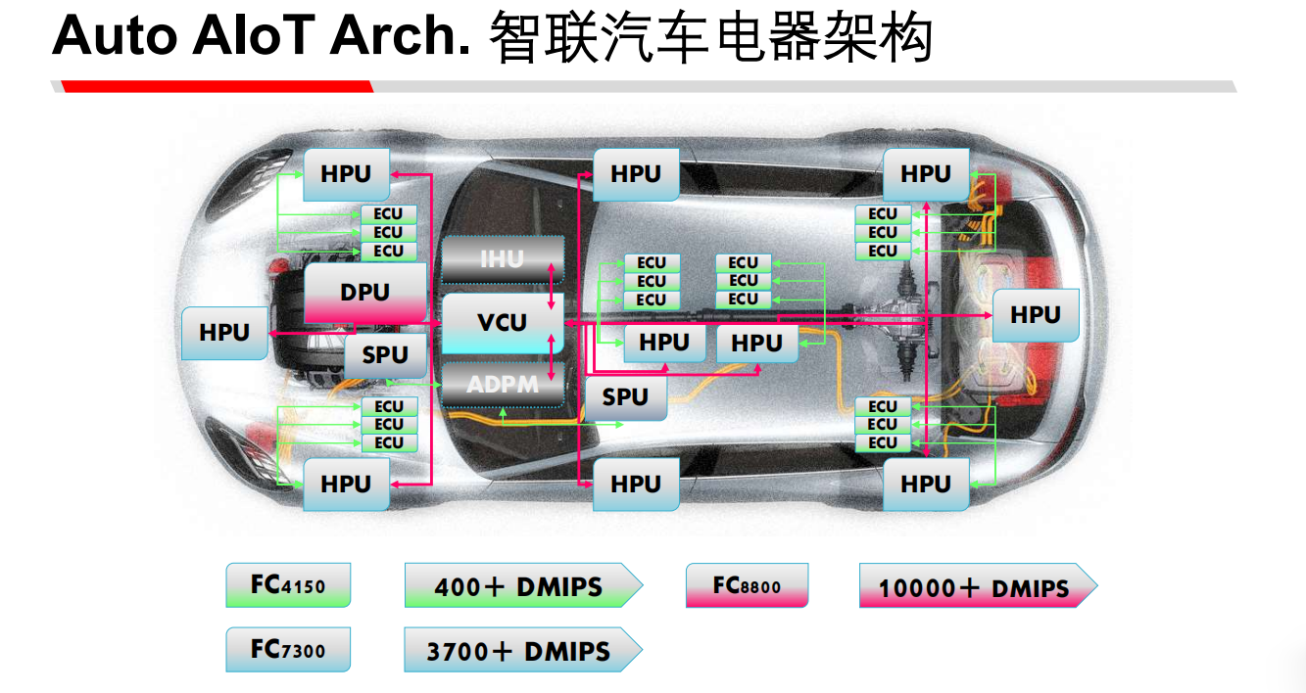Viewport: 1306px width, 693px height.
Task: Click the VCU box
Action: click(502, 323)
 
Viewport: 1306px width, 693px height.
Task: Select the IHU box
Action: click(502, 260)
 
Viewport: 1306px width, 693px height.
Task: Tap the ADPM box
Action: click(502, 385)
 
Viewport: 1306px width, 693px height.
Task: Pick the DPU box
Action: click(364, 293)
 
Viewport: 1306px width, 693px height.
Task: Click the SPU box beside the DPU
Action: click(385, 355)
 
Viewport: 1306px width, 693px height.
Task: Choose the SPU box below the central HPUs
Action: click(625, 397)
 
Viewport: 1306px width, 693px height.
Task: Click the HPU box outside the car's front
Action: click(224, 333)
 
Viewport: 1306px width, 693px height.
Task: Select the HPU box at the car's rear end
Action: click(1035, 315)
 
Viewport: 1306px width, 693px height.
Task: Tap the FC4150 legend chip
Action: click(288, 585)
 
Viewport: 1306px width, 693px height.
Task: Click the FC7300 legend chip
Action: click(288, 649)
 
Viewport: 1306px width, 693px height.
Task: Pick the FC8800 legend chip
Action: click(747, 585)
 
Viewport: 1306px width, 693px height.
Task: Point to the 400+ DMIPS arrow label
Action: click(520, 586)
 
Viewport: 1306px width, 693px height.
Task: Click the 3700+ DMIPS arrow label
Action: click(520, 651)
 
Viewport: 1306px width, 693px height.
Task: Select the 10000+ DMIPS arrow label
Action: click(975, 587)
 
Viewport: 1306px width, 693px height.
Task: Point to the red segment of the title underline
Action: click(216, 86)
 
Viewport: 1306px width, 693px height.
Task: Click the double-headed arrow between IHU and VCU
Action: click(554, 290)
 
